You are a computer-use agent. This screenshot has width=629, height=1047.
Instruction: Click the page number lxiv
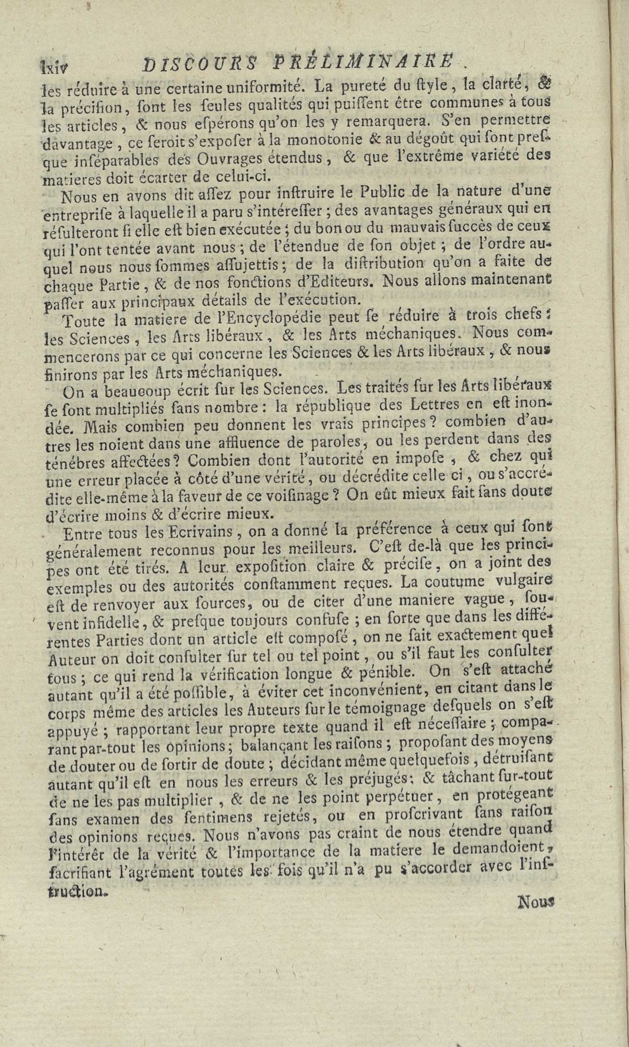coord(54,67)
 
